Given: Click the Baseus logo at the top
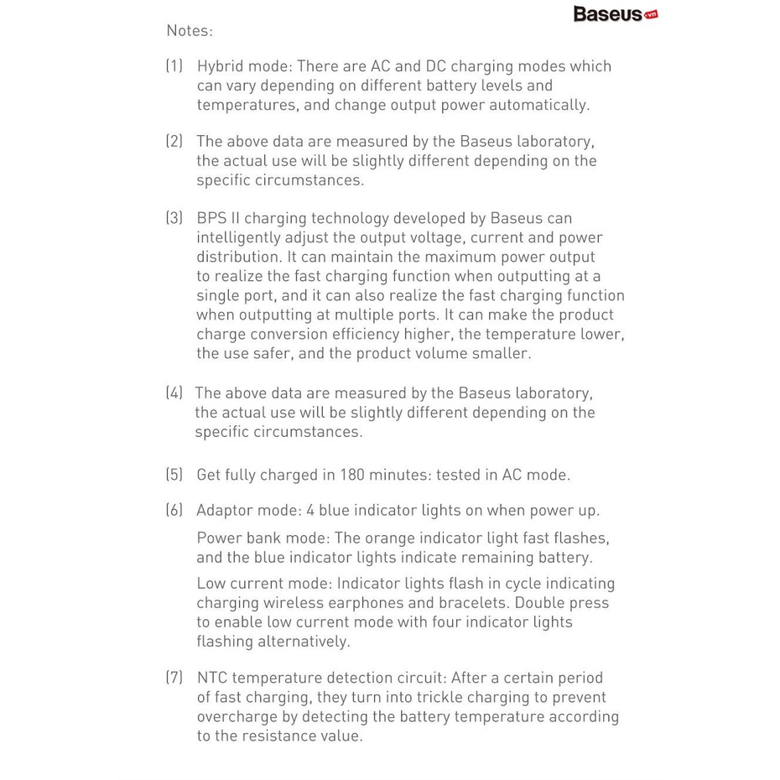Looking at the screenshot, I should (615, 14).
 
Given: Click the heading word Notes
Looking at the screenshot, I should (190, 31).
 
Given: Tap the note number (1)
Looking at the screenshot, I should (174, 66).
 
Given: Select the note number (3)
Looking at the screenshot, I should (174, 218).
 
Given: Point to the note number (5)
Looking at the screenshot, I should (174, 475).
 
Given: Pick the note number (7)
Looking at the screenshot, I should (174, 678).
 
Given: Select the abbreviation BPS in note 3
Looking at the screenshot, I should (212, 218).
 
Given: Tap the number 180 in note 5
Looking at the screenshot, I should (353, 475).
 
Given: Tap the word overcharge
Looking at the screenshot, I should (237, 717).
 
